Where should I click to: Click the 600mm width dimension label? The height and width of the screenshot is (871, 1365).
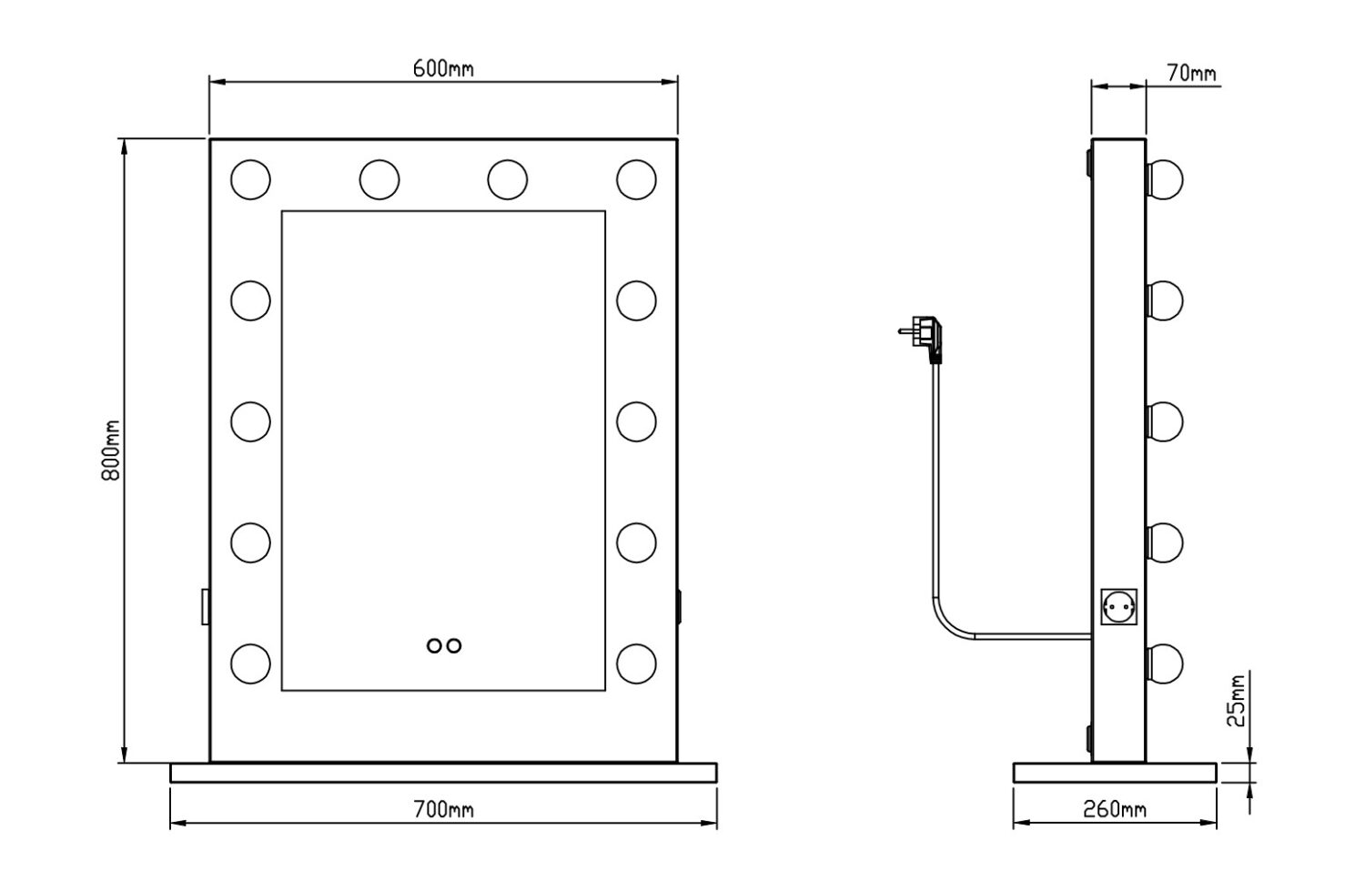coord(443,69)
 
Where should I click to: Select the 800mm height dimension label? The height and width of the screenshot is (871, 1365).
coord(111,451)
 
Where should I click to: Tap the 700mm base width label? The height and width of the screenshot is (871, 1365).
coord(443,809)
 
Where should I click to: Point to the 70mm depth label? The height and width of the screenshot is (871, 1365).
coord(1191,74)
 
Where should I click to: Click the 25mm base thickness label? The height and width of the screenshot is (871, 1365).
coord(1235,701)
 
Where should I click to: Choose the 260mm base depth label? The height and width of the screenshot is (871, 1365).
coord(1116,809)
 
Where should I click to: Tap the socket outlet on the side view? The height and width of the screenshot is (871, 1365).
coord(1118,605)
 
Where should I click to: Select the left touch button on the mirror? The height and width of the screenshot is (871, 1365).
coord(434,645)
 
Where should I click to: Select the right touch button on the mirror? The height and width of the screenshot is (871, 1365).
coord(453,645)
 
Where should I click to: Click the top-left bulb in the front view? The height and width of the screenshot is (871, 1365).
coord(250,179)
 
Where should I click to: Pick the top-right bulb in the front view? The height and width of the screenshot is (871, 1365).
coord(636,179)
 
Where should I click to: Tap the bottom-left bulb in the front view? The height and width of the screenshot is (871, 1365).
coord(250,663)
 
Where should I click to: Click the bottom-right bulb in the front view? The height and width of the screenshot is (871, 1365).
coord(636,663)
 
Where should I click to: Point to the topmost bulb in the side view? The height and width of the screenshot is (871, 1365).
coord(1164,179)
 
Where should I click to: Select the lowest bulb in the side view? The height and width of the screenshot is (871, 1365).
coord(1164,663)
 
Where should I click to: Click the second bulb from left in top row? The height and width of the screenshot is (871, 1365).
coord(379,179)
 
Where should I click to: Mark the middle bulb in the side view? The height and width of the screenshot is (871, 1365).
coord(1164,421)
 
